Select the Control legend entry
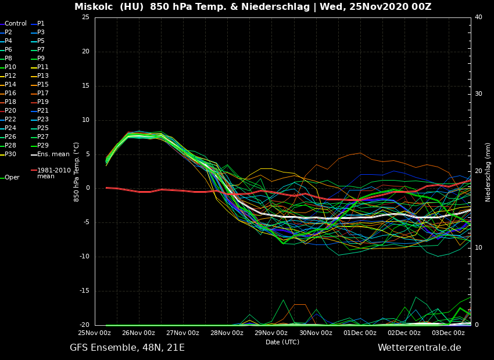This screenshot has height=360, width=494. (16, 24)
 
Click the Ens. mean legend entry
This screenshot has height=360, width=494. (53, 154)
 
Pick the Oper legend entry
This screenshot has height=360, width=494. (12, 178)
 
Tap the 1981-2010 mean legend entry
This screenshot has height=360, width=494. (53, 174)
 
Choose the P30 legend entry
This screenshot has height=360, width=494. (10, 154)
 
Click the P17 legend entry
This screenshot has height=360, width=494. (43, 93)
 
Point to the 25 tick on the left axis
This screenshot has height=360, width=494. (85, 17)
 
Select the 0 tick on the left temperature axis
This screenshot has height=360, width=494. (87, 189)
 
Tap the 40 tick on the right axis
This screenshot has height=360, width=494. (478, 17)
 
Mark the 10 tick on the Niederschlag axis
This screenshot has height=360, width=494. (478, 248)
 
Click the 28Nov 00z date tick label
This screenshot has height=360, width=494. (227, 333)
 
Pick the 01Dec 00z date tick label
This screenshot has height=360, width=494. (360, 333)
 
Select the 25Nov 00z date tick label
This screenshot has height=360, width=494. (95, 333)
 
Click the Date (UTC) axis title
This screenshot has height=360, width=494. (282, 343)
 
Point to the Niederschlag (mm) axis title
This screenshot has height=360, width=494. (488, 171)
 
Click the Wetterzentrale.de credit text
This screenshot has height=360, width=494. (419, 348)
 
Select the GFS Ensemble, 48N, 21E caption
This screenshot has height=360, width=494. (127, 348)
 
